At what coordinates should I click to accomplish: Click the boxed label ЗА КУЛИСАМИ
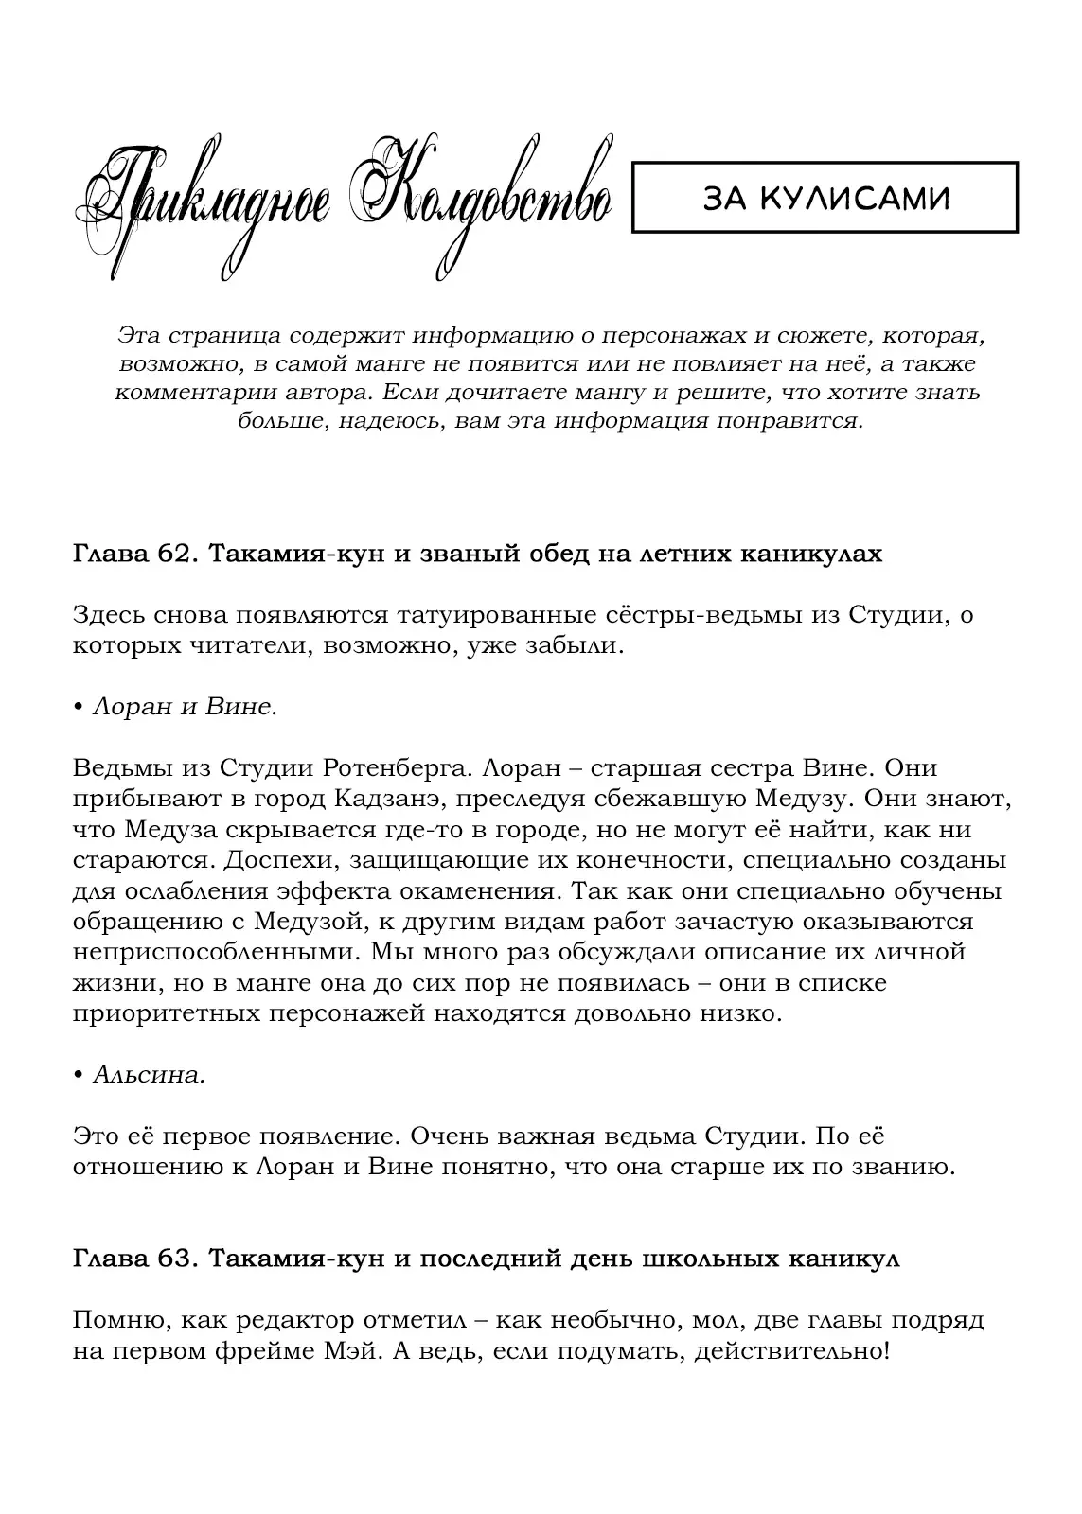pos(825,198)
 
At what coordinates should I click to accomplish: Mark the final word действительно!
pos(791,1351)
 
